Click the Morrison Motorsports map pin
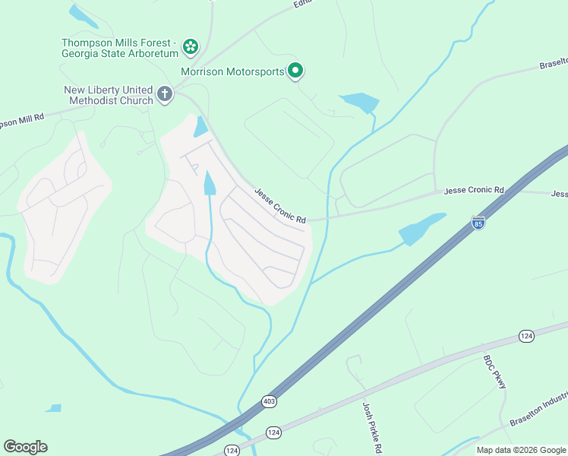(295, 71)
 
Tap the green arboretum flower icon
(191, 47)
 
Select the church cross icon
(165, 95)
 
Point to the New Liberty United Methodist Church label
(108, 95)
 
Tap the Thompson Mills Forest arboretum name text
(120, 48)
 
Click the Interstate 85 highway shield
(478, 223)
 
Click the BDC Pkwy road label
(495, 372)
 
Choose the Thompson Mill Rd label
(23, 121)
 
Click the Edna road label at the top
(304, 5)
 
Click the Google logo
(25, 447)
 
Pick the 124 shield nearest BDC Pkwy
(525, 335)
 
